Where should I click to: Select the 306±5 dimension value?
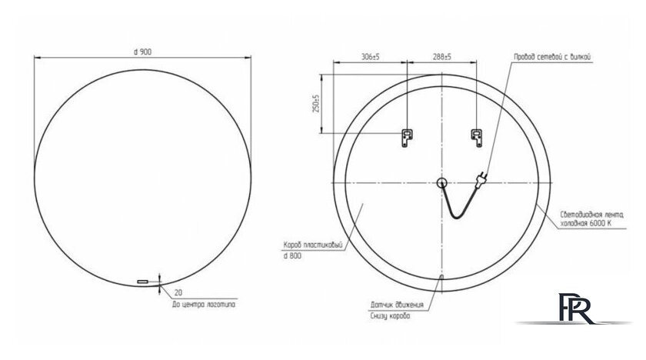click(x=370, y=57)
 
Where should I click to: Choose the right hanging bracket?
click(x=477, y=138)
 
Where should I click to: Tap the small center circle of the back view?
click(x=441, y=182)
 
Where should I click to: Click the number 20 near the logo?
click(x=179, y=293)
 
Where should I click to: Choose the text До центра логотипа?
click(x=203, y=305)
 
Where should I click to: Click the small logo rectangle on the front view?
click(x=142, y=282)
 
